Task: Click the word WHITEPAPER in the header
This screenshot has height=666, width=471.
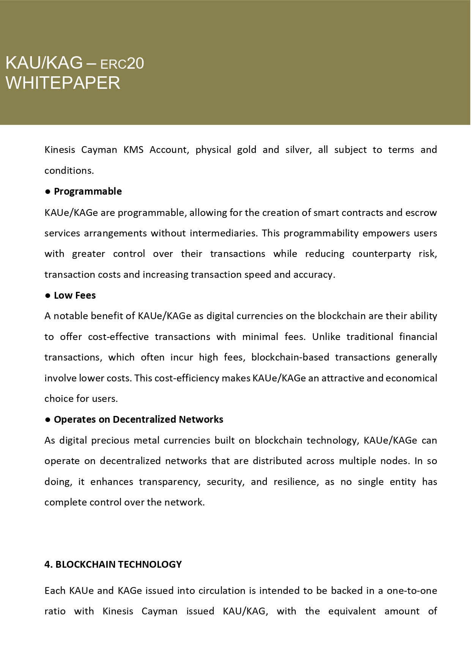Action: (63, 83)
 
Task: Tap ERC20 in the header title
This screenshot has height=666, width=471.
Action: (122, 64)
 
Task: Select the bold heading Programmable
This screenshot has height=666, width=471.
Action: (88, 191)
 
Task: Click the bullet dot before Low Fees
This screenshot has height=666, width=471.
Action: (48, 296)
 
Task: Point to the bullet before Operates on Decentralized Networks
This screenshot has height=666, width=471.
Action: (48, 420)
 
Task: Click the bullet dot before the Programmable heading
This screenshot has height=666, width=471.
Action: (48, 192)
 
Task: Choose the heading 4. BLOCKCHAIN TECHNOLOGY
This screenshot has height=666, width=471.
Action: (113, 564)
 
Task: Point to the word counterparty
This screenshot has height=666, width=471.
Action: (381, 254)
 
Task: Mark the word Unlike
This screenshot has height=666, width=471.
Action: (326, 337)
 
